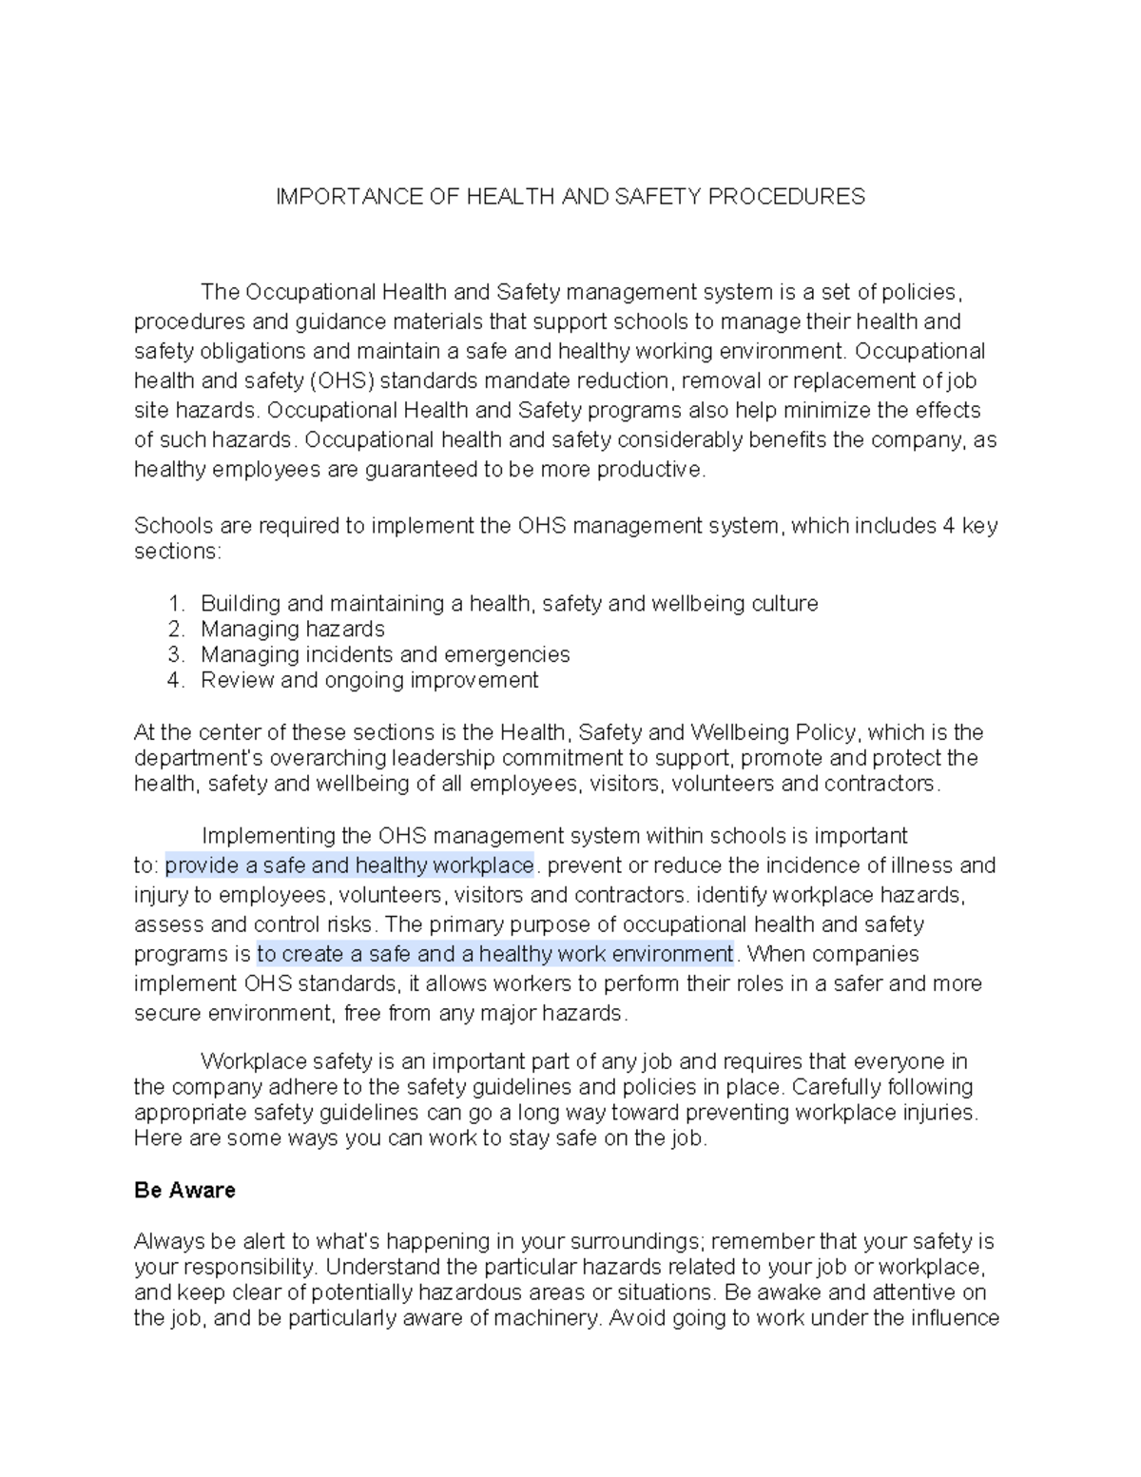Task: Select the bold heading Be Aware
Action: click(184, 1190)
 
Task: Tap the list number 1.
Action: click(175, 603)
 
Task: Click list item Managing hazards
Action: click(293, 629)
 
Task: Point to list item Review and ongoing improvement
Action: click(369, 680)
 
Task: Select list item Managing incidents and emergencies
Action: click(385, 654)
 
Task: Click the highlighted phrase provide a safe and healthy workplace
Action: click(350, 865)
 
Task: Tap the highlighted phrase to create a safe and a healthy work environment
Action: click(495, 954)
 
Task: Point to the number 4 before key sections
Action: click(948, 526)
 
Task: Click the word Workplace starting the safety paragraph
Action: click(248, 1061)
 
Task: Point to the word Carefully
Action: click(839, 1087)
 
